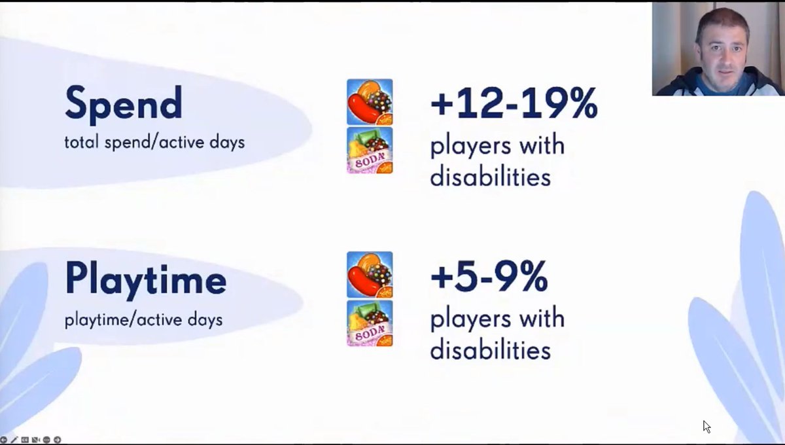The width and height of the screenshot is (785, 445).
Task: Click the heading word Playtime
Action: coord(145,280)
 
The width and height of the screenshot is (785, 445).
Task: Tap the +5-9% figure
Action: coord(489,277)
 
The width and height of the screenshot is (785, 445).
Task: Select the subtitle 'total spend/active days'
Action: coord(154,142)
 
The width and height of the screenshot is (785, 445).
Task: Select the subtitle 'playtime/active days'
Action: coord(143,320)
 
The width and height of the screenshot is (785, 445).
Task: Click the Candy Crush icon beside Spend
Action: coord(370,101)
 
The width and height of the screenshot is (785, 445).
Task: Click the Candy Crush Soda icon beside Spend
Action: coord(370,151)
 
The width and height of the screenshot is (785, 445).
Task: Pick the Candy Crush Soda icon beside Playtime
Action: coord(370,323)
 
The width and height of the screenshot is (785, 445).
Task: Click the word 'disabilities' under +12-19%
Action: coord(490,177)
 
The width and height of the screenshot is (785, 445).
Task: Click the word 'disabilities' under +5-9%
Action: coord(490,350)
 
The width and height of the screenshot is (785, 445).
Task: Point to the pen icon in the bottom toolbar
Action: coord(14,440)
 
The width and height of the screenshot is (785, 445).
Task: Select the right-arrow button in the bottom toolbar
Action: coord(57,440)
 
